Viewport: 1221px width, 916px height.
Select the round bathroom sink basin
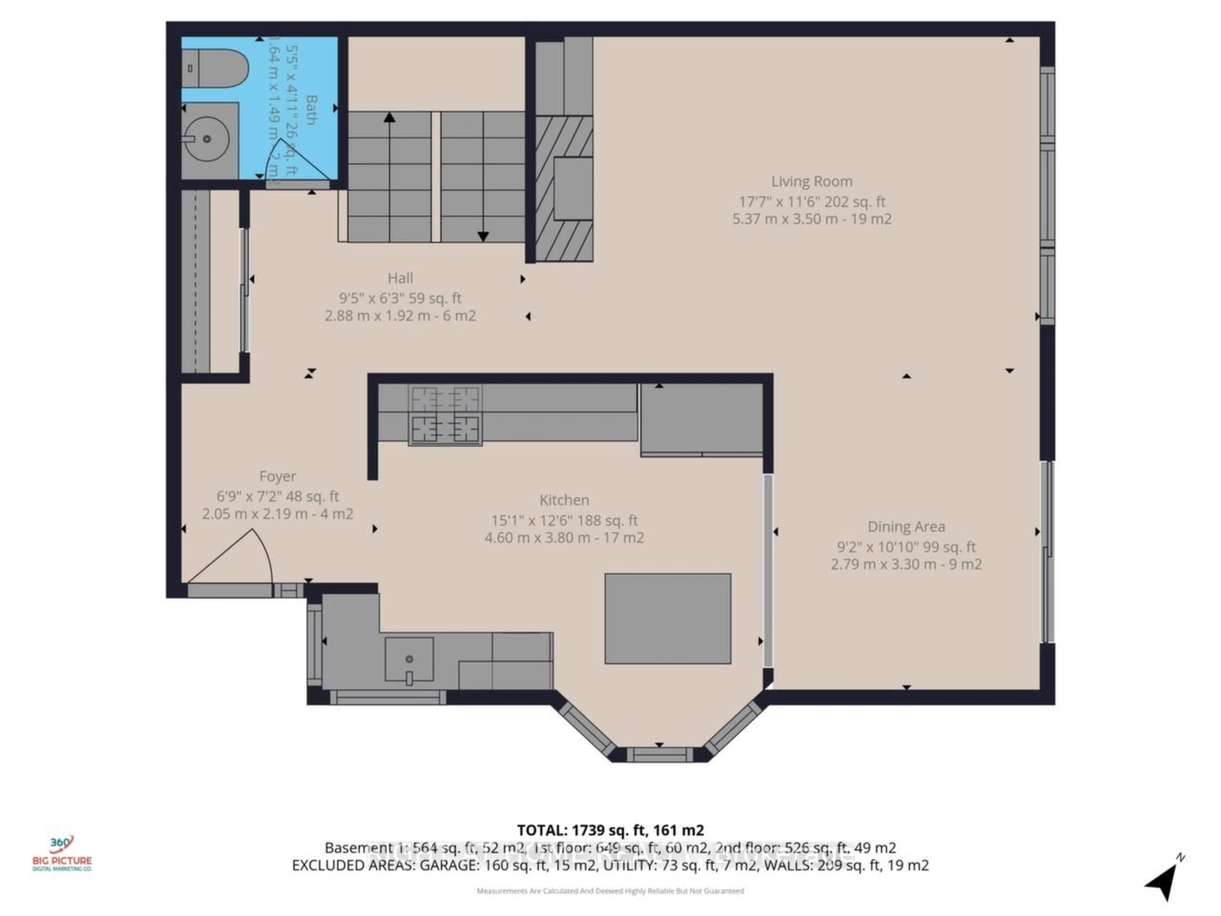click(206, 139)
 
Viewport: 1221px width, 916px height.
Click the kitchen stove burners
click(445, 414)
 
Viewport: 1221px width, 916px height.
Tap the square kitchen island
click(668, 618)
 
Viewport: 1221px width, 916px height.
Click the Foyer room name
click(278, 476)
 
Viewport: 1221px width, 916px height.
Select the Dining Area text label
click(906, 527)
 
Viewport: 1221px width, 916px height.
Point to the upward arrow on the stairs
click(390, 118)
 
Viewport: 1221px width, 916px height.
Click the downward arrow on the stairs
click(483, 236)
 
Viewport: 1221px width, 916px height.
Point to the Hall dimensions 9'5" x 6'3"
click(400, 298)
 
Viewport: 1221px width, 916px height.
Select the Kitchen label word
click(564, 500)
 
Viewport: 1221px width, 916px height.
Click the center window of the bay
click(659, 754)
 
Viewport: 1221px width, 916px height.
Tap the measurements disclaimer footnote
click(610, 891)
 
